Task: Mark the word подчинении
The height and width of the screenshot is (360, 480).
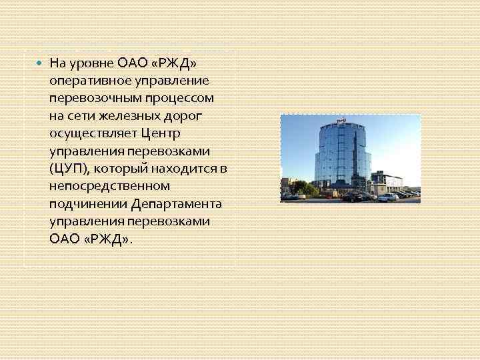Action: (83, 203)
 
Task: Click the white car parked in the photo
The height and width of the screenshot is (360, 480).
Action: (388, 197)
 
